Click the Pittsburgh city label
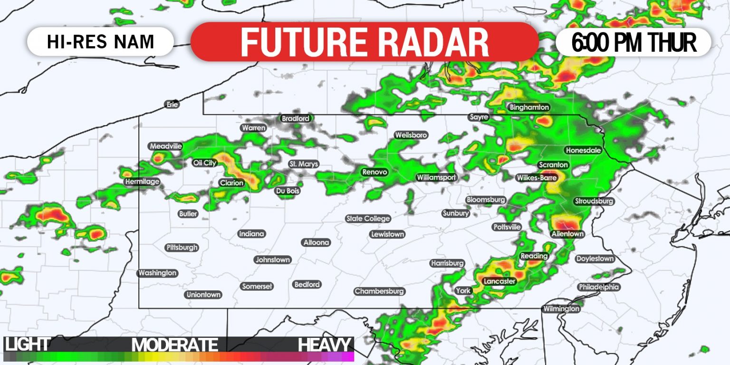[x=182, y=248]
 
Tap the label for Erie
[x=172, y=104]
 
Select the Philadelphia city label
[x=598, y=287]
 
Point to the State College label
[x=368, y=219]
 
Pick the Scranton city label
[x=553, y=165]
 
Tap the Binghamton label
[x=529, y=107]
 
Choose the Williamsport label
[x=436, y=177]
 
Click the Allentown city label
[x=567, y=234]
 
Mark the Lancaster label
[x=499, y=281]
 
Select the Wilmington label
[x=561, y=309]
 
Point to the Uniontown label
[x=203, y=295]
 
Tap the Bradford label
[x=295, y=118]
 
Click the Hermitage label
[x=142, y=182]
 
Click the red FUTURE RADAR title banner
[x=365, y=42]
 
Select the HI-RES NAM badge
[x=100, y=42]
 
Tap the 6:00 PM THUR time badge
[x=633, y=42]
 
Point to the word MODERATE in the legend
[x=174, y=345]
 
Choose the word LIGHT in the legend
[x=27, y=345]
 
